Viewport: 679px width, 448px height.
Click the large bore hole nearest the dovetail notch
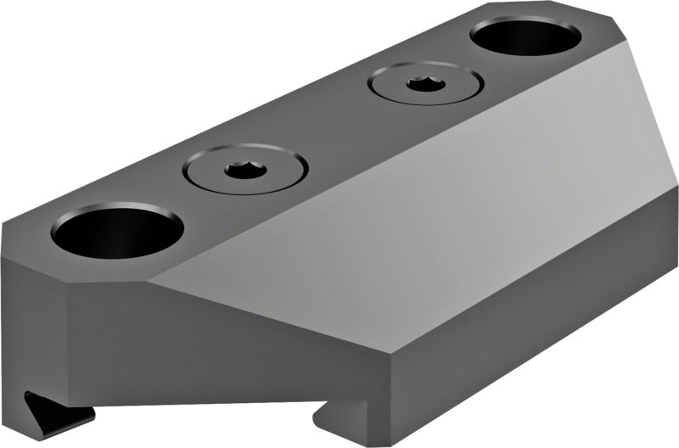pyautogui.click(x=117, y=230)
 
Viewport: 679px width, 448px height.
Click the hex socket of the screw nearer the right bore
pyautogui.click(x=420, y=82)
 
